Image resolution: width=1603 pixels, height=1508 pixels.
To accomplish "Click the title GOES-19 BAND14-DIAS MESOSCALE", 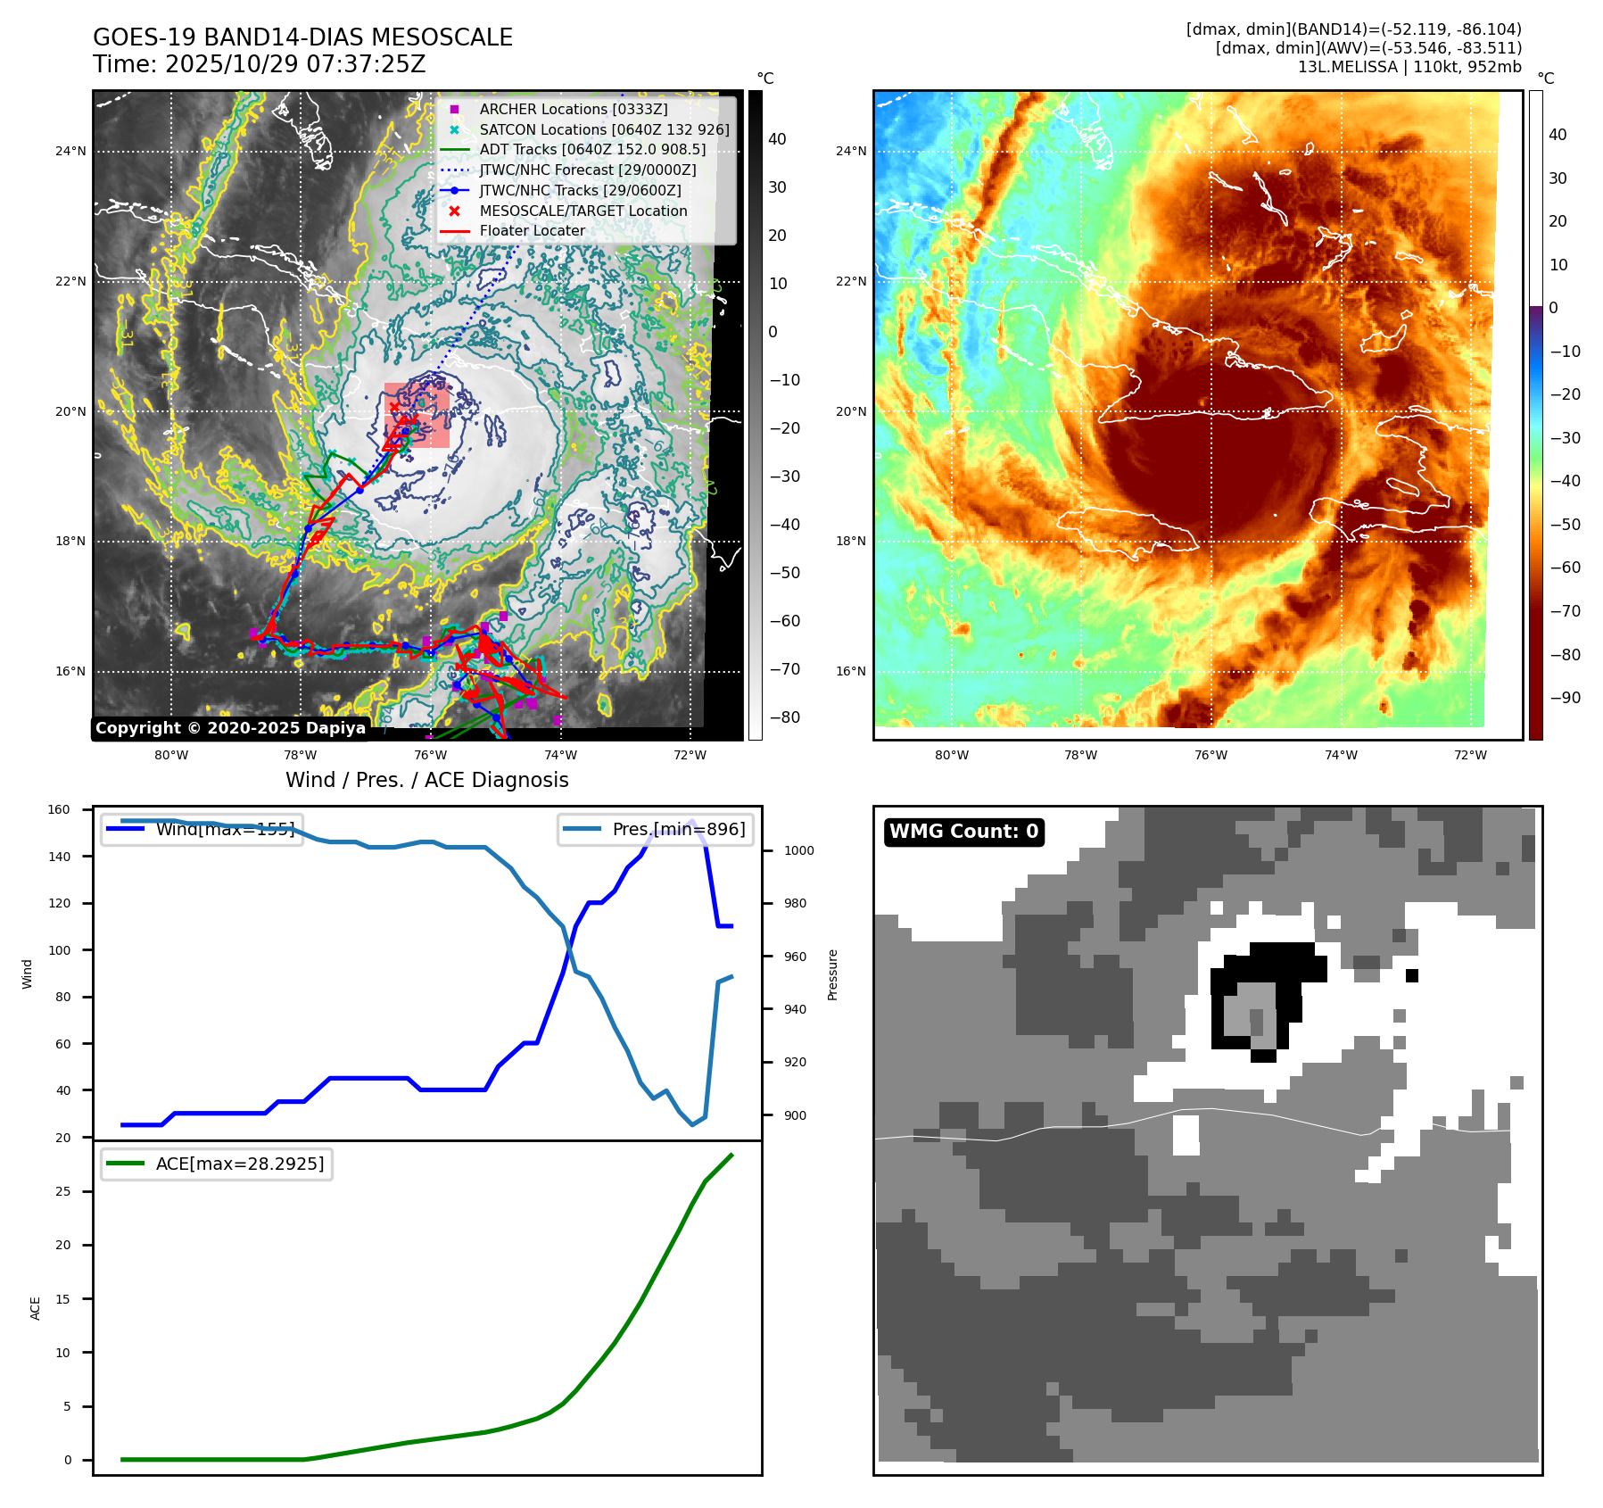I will [x=302, y=37].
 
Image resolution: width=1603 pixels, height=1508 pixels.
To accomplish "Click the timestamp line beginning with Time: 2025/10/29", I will [x=259, y=64].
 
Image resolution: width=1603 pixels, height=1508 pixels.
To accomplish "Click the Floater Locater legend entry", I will [x=532, y=230].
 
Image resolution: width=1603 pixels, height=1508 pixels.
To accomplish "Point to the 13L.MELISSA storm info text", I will [x=1409, y=67].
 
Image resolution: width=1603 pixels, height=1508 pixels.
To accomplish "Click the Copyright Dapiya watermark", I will [x=230, y=728].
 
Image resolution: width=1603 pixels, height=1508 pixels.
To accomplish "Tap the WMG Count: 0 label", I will [x=963, y=832].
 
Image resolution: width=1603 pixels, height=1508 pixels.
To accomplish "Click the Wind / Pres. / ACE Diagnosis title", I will [x=426, y=780].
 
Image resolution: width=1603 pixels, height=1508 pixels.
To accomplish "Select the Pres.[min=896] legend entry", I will [x=678, y=829].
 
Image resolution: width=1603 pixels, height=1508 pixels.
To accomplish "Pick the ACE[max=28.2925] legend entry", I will [x=239, y=1164].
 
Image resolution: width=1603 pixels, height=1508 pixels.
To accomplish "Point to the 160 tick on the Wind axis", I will [x=59, y=810].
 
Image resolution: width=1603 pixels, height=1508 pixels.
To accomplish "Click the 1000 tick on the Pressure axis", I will [x=798, y=851].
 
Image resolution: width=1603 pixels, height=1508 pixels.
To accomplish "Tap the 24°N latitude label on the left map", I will [x=70, y=152].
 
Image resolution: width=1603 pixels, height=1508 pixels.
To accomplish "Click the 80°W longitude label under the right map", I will [x=951, y=755].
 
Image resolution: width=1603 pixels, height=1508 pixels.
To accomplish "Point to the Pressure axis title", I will [x=832, y=974].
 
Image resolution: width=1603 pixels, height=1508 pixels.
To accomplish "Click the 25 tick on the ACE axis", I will [x=62, y=1192].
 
